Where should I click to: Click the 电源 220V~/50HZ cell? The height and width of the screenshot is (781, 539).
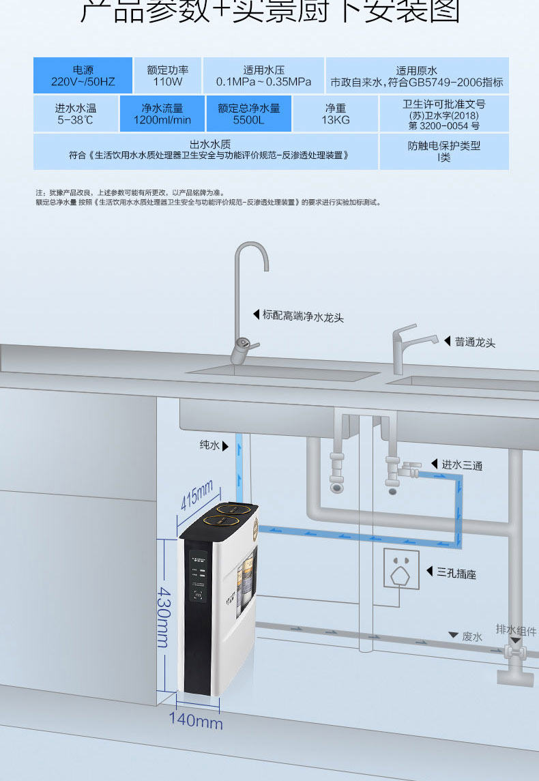click(83, 76)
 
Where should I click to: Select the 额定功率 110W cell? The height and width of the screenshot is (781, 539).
click(168, 76)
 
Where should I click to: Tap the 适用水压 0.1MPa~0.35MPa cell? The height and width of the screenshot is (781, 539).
click(263, 76)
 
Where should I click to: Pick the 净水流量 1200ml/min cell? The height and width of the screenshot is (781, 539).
click(162, 114)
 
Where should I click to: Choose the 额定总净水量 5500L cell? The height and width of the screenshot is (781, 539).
click(248, 114)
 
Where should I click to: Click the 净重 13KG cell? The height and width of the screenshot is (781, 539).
click(335, 114)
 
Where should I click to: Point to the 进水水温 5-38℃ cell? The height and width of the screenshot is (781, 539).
click(76, 114)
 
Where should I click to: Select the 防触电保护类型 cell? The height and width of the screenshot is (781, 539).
click(444, 151)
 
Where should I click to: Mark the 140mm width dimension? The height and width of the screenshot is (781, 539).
click(196, 720)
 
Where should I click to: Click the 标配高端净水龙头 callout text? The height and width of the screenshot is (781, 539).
click(303, 316)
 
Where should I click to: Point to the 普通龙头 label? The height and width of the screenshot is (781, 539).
click(475, 342)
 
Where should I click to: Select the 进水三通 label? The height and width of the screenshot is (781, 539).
click(462, 465)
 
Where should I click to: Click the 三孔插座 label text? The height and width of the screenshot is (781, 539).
click(456, 574)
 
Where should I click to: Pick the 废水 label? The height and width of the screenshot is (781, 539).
click(472, 636)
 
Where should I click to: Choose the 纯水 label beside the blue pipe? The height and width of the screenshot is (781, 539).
click(209, 445)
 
